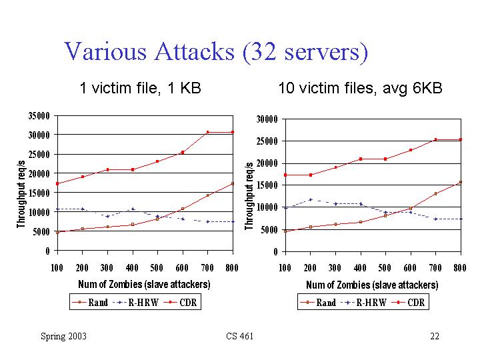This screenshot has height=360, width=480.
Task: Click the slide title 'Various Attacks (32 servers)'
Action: click(x=215, y=51)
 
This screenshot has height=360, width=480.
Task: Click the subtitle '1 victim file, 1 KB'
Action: click(x=140, y=88)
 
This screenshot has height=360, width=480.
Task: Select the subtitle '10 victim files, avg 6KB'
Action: click(x=360, y=88)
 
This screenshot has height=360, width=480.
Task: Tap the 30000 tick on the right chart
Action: click(x=267, y=119)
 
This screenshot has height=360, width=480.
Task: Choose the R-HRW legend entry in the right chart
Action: click(x=361, y=303)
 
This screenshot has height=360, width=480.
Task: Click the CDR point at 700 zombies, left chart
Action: click(x=207, y=132)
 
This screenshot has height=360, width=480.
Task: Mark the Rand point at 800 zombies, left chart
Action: click(x=233, y=183)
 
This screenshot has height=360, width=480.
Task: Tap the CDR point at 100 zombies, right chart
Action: click(x=285, y=175)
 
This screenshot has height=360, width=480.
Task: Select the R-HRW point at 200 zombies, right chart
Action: click(x=310, y=199)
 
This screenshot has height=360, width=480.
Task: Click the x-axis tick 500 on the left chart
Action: click(x=157, y=267)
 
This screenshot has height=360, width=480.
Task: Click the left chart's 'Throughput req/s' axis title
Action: click(x=21, y=193)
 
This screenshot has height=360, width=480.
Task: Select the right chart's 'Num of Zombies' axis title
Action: click(x=372, y=285)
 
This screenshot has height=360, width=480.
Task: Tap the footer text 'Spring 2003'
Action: click(x=63, y=336)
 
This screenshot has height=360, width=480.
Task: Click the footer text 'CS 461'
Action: click(x=240, y=336)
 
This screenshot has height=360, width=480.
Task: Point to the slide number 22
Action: click(x=435, y=336)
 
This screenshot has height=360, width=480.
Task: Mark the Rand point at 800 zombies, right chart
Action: click(x=461, y=182)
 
